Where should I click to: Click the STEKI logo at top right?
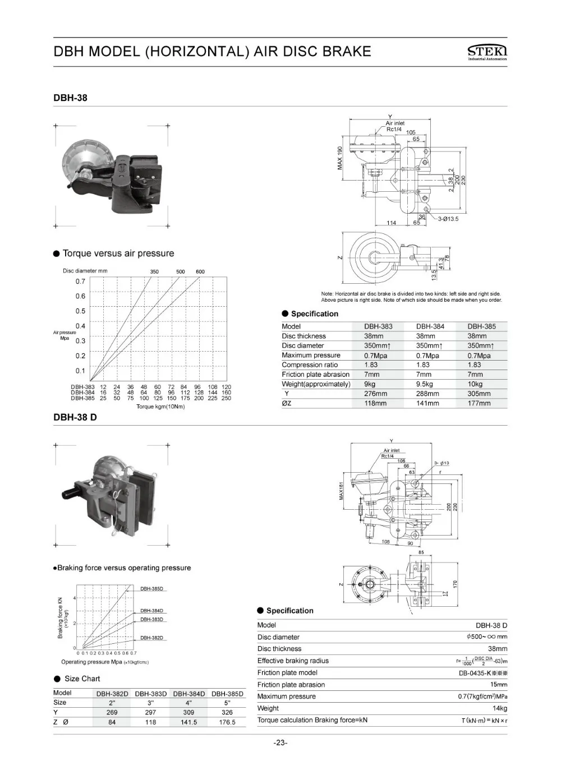pos(487,52)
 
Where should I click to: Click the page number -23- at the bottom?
pos(280,743)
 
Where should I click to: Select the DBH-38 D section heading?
pos(75,417)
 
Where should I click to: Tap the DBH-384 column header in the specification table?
pos(430,326)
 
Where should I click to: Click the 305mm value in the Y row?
pos(479,394)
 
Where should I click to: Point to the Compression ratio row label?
pos(310,365)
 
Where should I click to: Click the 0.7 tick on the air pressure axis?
pos(80,282)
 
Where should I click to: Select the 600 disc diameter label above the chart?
pos(200,272)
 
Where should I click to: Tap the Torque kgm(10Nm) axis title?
pos(160,407)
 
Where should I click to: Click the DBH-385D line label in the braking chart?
pos(151,589)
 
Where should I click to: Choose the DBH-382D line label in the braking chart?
pos(151,638)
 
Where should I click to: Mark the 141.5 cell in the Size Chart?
pos(188,722)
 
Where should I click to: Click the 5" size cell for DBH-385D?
pos(227,703)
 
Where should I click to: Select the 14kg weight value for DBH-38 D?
pos(499,708)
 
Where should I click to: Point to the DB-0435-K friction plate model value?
pos(482,673)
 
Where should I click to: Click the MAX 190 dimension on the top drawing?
pos(339,158)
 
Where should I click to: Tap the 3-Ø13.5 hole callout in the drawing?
pos(448,219)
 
